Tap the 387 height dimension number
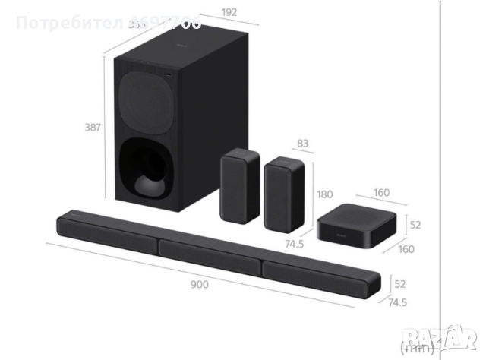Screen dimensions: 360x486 point(92,127)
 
